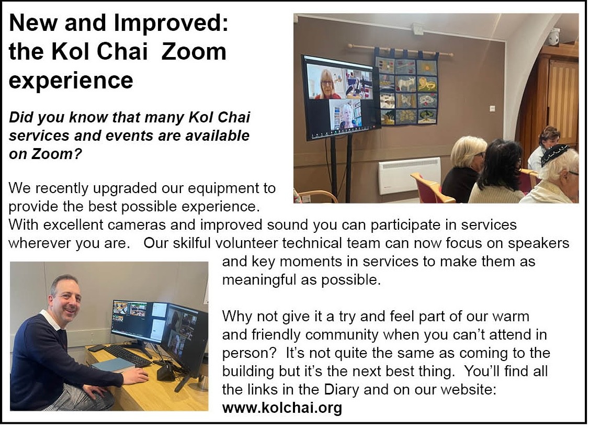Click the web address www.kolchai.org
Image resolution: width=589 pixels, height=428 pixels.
pyautogui.click(x=282, y=408)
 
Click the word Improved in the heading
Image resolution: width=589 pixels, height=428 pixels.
pyautogui.click(x=171, y=24)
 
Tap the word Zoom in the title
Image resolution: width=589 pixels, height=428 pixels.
pyautogui.click(x=194, y=52)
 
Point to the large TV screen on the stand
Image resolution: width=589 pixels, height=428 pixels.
pyautogui.click(x=341, y=97)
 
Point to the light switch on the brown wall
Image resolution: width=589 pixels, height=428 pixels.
pyautogui.click(x=492, y=109)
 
